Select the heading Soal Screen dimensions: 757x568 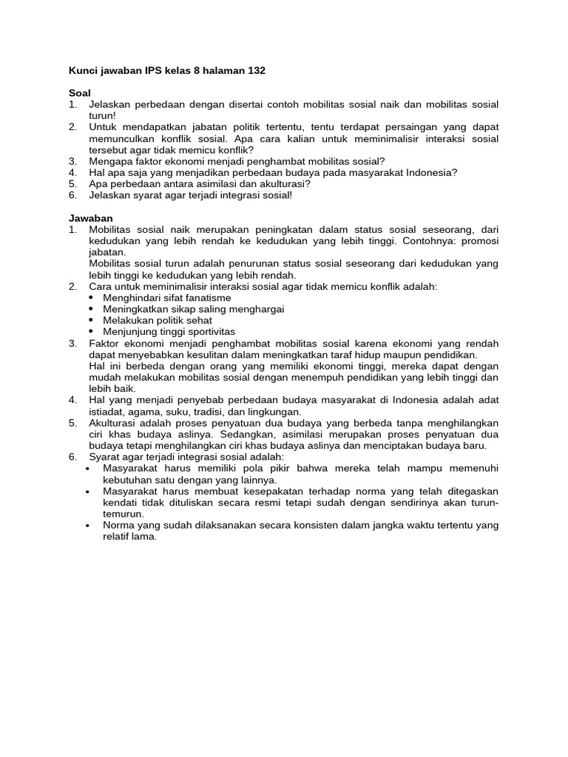[x=80, y=93]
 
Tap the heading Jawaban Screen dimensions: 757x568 [x=91, y=218]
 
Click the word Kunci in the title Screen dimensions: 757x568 [x=84, y=71]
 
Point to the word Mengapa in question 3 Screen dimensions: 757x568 [x=110, y=161]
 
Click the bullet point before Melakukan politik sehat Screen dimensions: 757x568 [x=91, y=321]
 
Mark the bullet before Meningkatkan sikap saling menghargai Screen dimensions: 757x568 [x=91, y=309]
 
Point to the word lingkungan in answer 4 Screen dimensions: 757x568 [x=274, y=412]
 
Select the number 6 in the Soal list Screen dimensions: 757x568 [x=72, y=195]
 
